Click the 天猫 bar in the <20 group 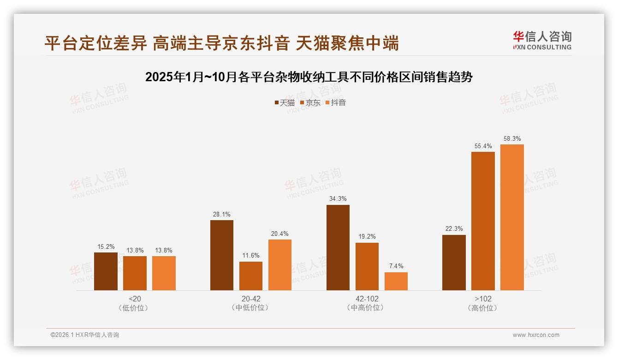click(106, 271)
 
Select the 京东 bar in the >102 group click(483, 221)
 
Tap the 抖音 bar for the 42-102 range click(396, 281)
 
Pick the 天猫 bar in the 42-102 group click(338, 247)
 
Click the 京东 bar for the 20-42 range click(251, 276)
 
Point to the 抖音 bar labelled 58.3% click(512, 217)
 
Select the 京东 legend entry click(310, 103)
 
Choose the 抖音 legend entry click(336, 103)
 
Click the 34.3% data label click(338, 198)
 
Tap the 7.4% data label click(396, 266)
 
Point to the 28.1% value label click(222, 214)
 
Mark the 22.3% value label click(454, 228)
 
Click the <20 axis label click(135, 299)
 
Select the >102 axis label click(483, 299)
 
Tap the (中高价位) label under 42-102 click(367, 308)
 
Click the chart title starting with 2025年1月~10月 click(309, 77)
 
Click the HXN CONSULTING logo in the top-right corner click(542, 41)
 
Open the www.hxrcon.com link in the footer click(536, 335)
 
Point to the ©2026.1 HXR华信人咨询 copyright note click(85, 335)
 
